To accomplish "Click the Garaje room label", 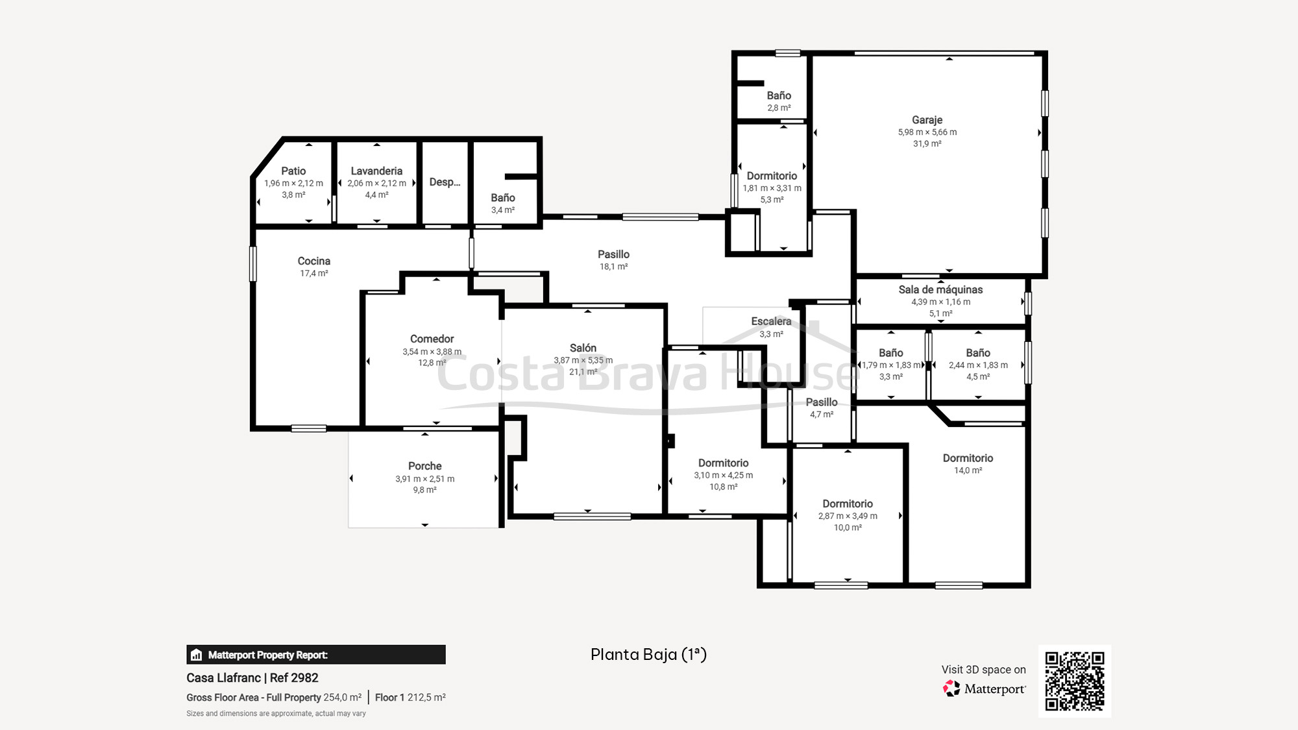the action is [x=927, y=120].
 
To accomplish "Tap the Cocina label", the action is [x=314, y=261].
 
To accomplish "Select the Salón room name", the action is [x=583, y=348].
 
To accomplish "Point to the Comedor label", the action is [x=432, y=339].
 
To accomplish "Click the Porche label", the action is [x=425, y=466].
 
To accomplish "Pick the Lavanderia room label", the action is [x=376, y=171].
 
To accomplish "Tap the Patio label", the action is [x=293, y=171].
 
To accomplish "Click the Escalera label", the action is [x=771, y=321].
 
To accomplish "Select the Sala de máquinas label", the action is [x=940, y=289].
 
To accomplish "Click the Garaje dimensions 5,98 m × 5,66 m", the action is [x=927, y=132].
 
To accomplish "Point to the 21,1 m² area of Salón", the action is [x=583, y=372].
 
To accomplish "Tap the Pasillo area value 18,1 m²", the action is [x=613, y=267].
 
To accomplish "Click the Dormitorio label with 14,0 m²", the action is [x=968, y=458].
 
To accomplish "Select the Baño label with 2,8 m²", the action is [x=779, y=95].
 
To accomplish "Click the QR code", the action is [x=1075, y=681].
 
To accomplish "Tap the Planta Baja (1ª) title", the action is [x=648, y=654].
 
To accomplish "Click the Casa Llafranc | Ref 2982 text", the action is [x=252, y=677].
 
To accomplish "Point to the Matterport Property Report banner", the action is [x=316, y=655].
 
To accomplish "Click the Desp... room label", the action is [x=445, y=182].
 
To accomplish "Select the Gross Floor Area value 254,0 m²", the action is [x=342, y=698].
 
